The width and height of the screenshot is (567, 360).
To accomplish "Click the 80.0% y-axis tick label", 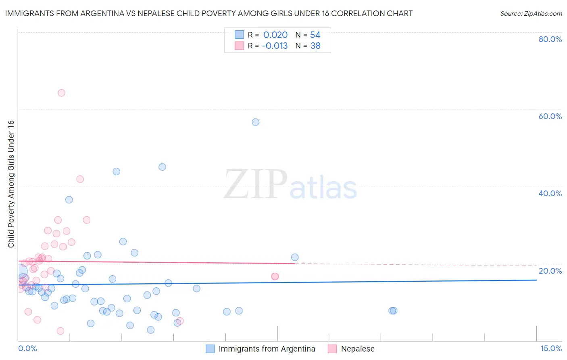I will click(x=550, y=39).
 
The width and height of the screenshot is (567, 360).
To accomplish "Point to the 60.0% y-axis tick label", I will click(x=550, y=116).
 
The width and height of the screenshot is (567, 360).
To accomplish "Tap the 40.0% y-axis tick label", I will click(x=550, y=193).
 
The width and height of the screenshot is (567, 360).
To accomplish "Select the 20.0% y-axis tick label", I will click(x=550, y=271).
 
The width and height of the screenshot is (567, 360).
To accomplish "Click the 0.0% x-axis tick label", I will click(x=27, y=348).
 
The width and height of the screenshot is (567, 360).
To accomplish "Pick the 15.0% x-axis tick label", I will click(x=551, y=348).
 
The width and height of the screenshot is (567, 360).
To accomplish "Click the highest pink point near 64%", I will click(x=61, y=93).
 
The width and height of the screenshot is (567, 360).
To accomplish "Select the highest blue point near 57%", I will click(x=255, y=122).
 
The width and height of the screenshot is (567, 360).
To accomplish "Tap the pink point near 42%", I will click(x=80, y=179).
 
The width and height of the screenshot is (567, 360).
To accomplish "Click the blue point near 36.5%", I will click(x=69, y=200).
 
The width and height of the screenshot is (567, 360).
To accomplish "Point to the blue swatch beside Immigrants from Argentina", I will click(x=210, y=349).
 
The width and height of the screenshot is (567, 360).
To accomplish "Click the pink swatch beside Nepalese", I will click(x=332, y=349).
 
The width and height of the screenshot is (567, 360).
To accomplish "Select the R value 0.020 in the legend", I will click(x=275, y=35).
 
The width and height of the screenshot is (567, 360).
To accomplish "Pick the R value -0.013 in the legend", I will click(x=275, y=46).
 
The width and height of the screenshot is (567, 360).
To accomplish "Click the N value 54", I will click(x=315, y=35).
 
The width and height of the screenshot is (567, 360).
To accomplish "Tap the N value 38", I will click(x=315, y=46).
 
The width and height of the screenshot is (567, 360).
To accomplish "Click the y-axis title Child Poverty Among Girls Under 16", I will click(x=11, y=184).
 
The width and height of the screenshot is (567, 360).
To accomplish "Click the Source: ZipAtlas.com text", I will click(x=531, y=14).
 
